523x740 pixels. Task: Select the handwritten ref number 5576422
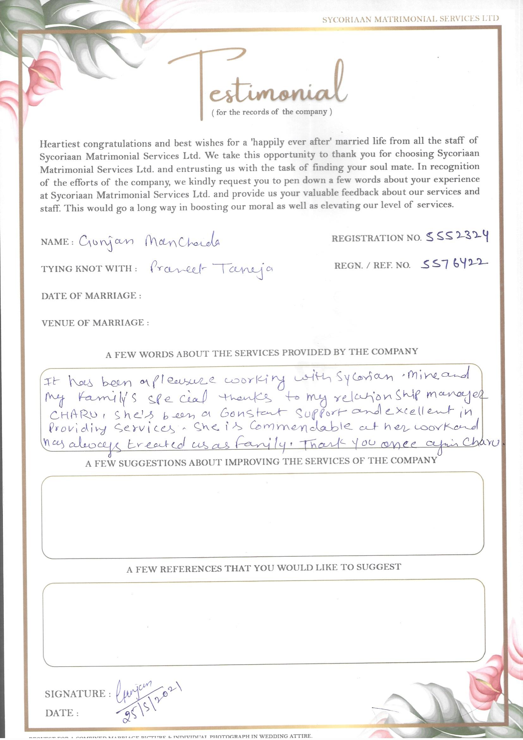point(454,264)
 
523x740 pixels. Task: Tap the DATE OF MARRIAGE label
point(91,296)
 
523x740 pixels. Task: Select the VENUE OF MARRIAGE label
point(95,323)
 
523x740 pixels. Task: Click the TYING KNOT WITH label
point(89,269)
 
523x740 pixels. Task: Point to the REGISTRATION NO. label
point(376,239)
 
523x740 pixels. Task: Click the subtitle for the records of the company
point(272,112)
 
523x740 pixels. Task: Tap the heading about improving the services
point(261,462)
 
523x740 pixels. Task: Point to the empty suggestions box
point(262,514)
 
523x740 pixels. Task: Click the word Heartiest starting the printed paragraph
point(59,143)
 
